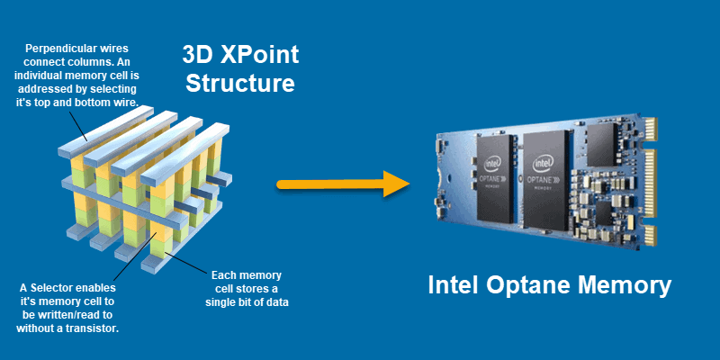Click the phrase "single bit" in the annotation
(233, 301)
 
